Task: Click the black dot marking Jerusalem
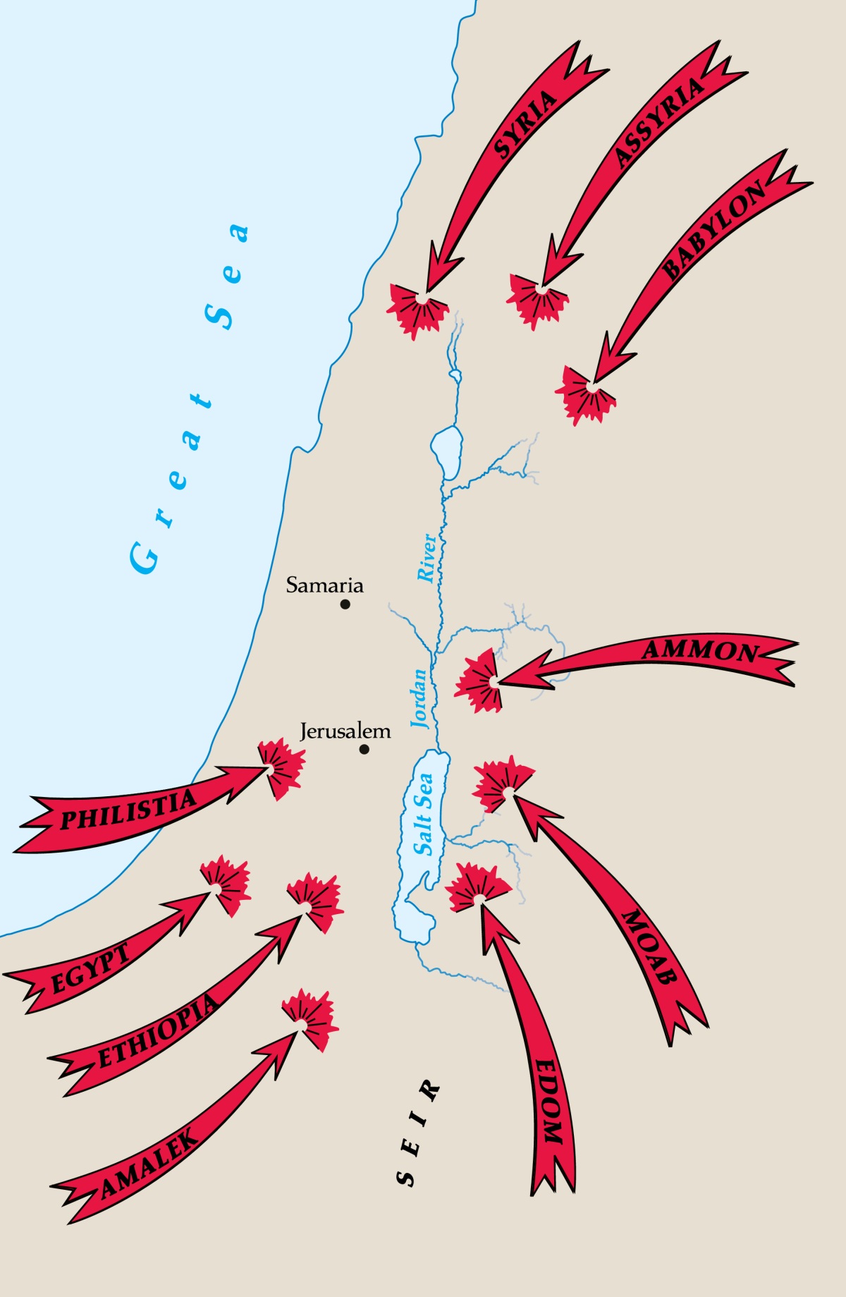coord(364,749)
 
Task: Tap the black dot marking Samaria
coord(345,604)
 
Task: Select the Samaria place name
coord(324,585)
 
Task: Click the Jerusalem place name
coord(345,731)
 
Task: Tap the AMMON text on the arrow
coord(699,650)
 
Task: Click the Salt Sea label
coord(424,815)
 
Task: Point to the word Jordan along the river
coord(420,698)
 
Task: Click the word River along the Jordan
coord(427,558)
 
